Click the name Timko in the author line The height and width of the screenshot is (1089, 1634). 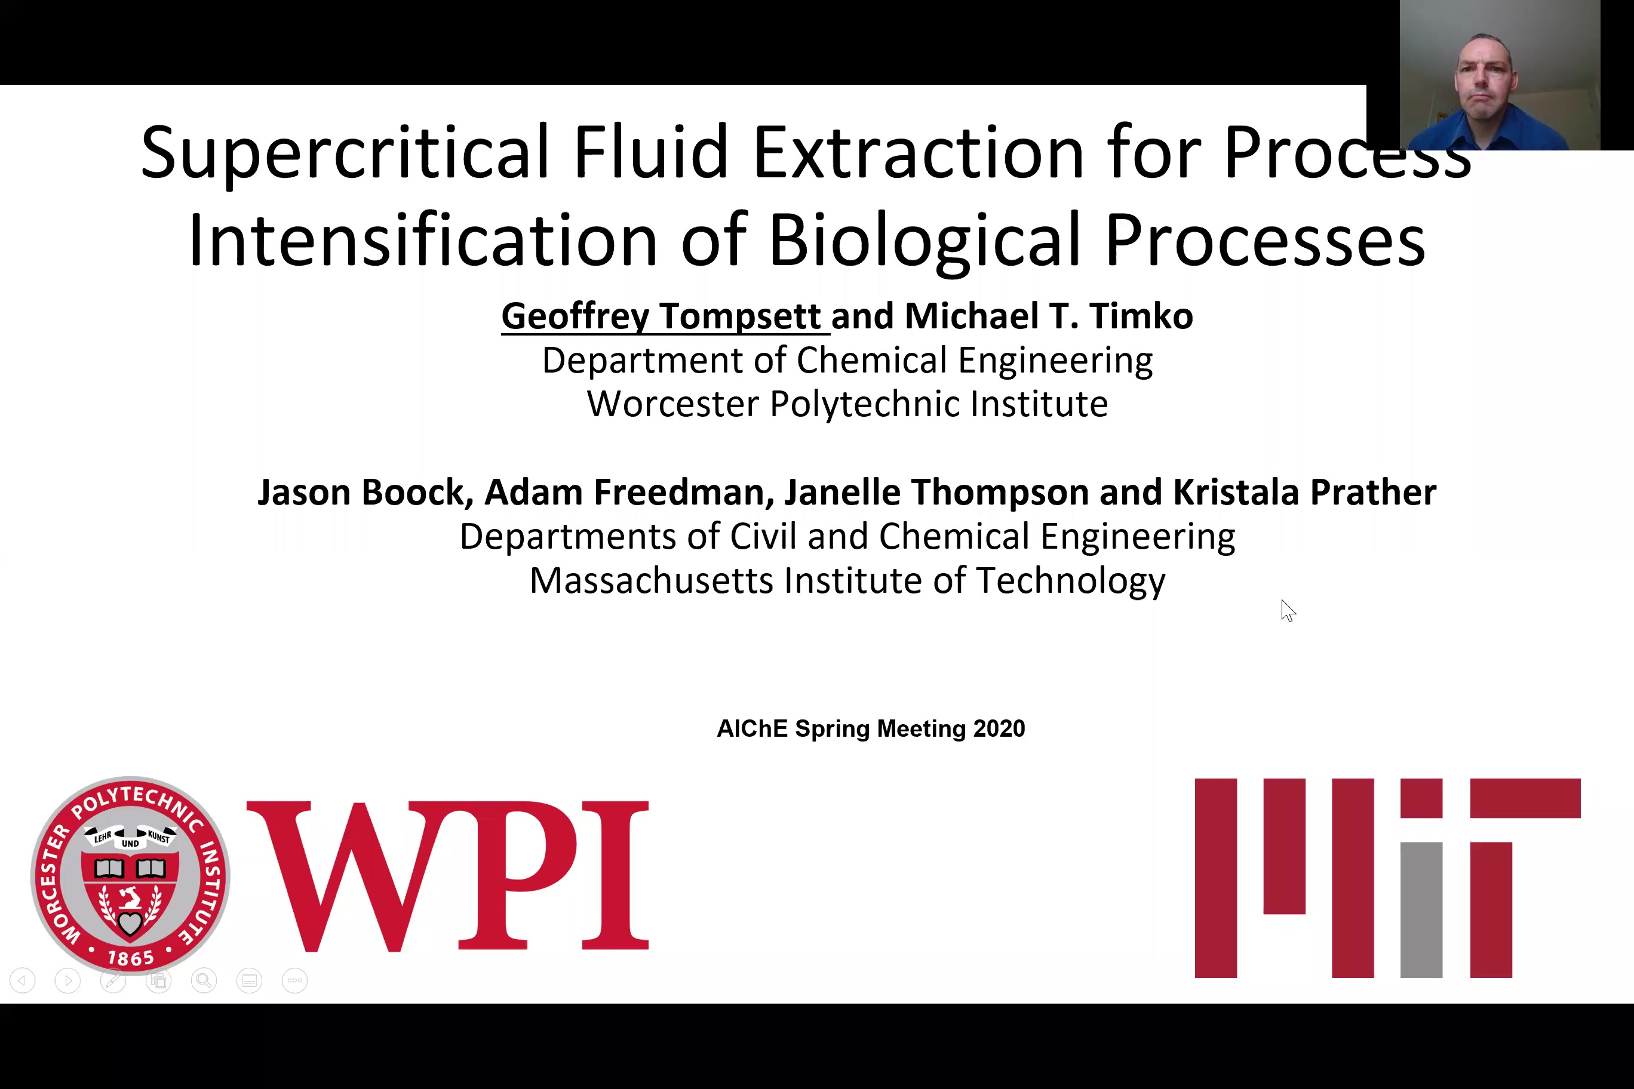pos(1141,316)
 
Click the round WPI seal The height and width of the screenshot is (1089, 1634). pos(130,876)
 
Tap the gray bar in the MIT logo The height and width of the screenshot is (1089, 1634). pos(1421,910)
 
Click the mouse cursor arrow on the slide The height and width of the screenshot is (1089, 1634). pos(1288,611)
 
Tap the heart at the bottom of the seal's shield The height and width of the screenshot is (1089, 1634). pos(130,924)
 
